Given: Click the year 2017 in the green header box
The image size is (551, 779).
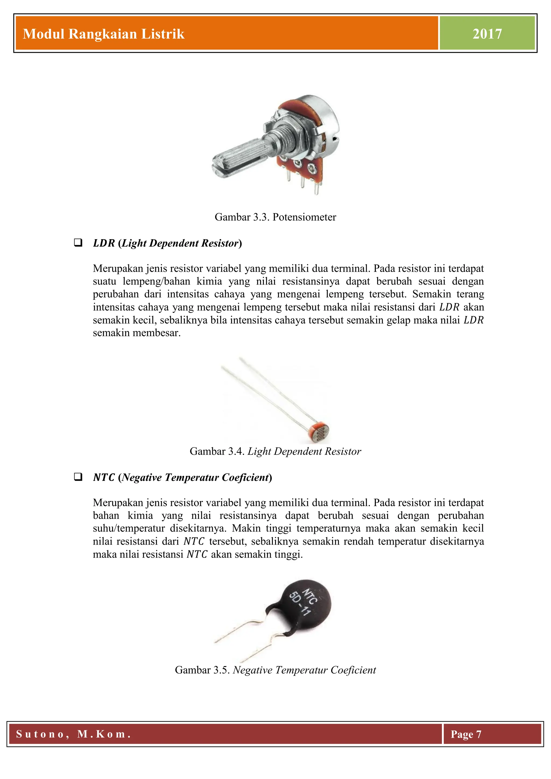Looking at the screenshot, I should tap(487, 34).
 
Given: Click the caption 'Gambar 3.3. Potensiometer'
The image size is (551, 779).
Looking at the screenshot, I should tap(275, 217).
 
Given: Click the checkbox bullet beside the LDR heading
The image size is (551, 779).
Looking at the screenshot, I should tap(78, 243).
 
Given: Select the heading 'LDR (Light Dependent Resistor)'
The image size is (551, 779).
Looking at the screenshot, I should tap(167, 243).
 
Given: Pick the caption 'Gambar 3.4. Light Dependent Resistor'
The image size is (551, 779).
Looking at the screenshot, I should tap(275, 451).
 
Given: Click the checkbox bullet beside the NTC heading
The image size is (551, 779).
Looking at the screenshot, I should tap(78, 477).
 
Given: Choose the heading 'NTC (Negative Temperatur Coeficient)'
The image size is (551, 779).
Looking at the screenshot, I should tap(182, 477).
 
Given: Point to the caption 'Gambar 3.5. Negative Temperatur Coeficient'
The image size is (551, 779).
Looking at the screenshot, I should tap(275, 670).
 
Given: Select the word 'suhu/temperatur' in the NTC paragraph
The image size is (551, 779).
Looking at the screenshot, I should tap(129, 528).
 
